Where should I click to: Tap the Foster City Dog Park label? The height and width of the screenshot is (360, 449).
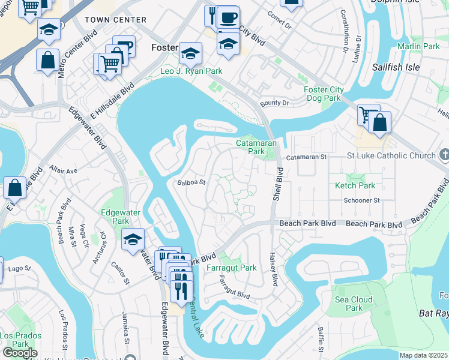[324, 94]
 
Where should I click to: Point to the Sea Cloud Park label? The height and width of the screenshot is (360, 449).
[354, 304]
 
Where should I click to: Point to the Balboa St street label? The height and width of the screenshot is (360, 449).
[191, 182]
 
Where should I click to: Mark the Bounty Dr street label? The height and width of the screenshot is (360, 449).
[274, 104]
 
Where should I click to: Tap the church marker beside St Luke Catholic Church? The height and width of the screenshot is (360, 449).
[444, 156]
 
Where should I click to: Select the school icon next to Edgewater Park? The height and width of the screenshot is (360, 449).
[133, 239]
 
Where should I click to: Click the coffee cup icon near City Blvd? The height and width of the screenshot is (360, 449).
[228, 17]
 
